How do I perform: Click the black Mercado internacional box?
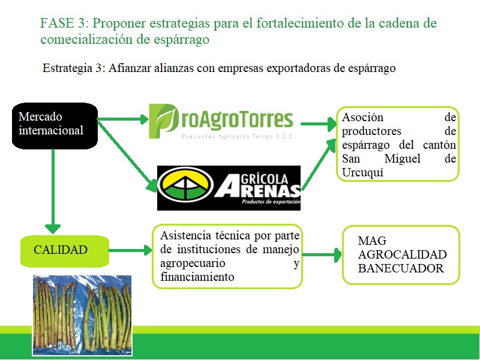55,126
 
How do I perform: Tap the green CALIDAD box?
65,251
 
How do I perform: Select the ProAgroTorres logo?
221,122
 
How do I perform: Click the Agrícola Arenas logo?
229,188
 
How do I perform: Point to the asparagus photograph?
82,316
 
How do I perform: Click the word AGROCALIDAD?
402,254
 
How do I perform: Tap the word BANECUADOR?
401,268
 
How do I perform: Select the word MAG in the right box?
372,241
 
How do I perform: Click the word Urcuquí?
362,173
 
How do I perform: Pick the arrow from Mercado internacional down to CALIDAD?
53,190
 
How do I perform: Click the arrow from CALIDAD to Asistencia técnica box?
130,250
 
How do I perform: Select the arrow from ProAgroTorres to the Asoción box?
319,124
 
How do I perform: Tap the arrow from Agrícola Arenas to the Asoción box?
319,164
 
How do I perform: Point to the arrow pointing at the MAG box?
322,254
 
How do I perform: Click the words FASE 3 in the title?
64,23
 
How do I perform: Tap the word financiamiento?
197,277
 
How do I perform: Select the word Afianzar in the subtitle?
130,68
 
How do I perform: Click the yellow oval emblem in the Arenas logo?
185,185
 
